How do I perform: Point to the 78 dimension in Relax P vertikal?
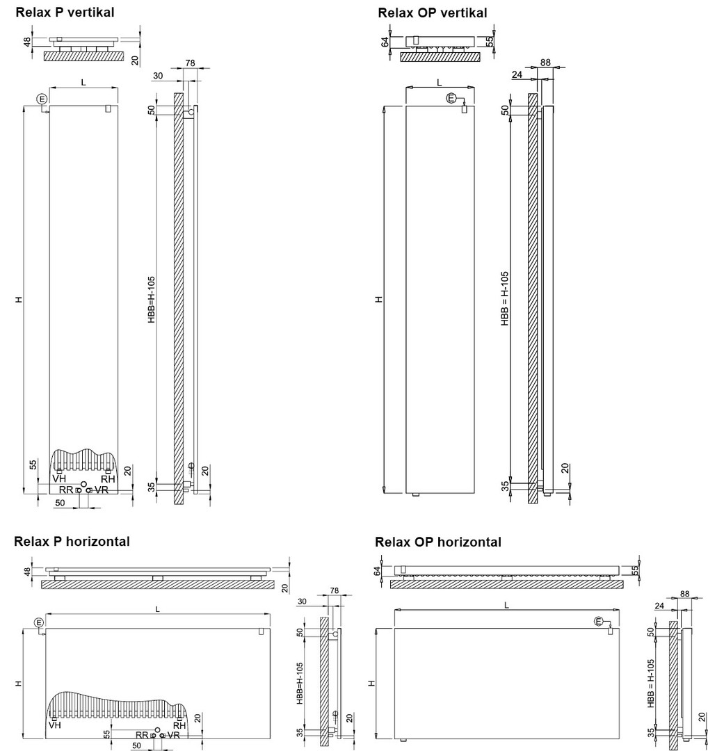pyautogui.click(x=191, y=63)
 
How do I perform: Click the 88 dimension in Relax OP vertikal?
pyautogui.click(x=545, y=63)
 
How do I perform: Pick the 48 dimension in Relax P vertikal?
pyautogui.click(x=28, y=41)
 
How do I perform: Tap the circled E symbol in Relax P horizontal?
pyautogui.click(x=38, y=622)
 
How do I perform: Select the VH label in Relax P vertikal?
pyautogui.click(x=59, y=478)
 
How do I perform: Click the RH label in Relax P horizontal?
pyautogui.click(x=179, y=725)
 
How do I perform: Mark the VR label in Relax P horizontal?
pyautogui.click(x=174, y=735)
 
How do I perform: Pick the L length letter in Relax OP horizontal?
pyautogui.click(x=506, y=605)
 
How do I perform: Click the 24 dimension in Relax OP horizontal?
pyautogui.click(x=658, y=606)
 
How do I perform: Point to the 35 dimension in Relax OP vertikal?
pyautogui.click(x=506, y=485)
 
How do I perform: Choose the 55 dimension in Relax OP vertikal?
pyautogui.click(x=490, y=42)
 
